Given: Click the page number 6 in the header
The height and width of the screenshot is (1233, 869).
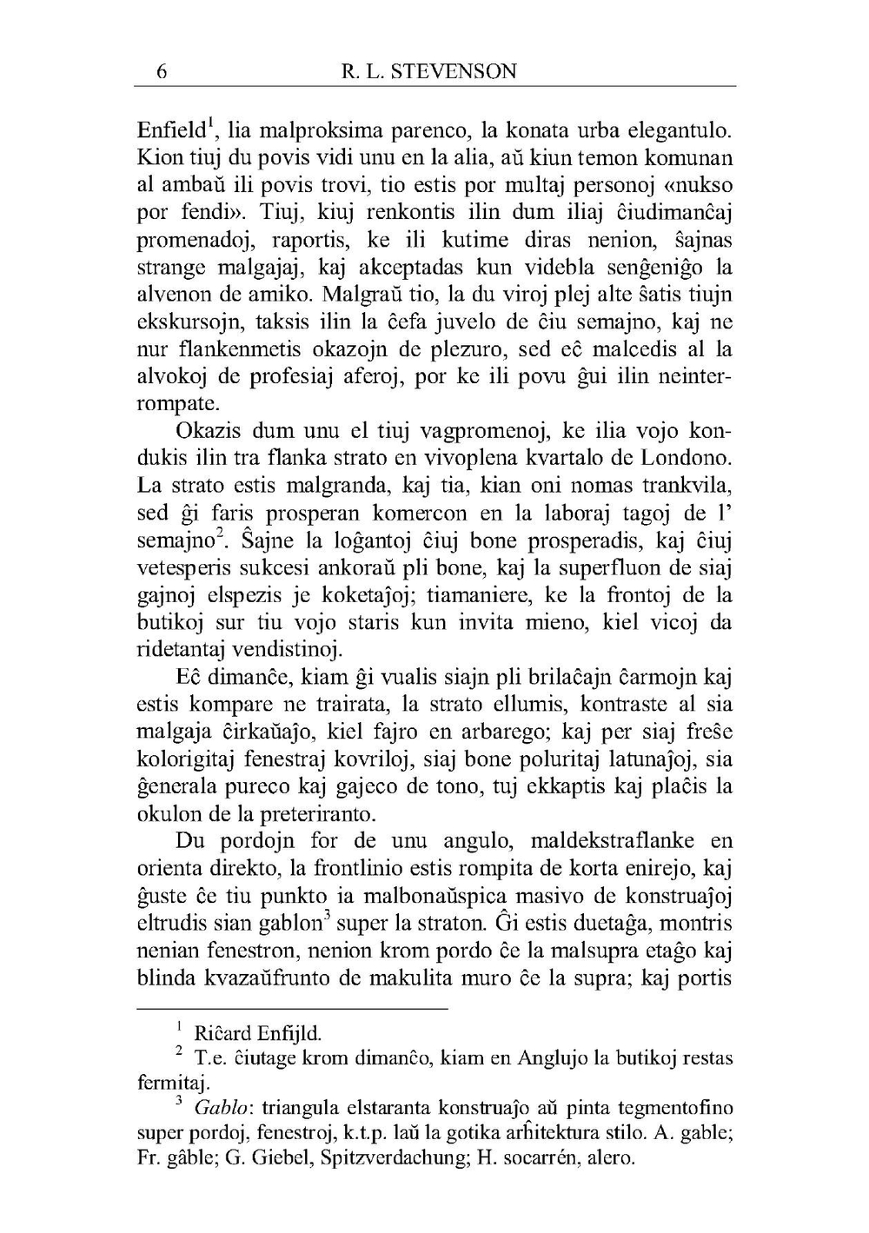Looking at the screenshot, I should pyautogui.click(x=162, y=71).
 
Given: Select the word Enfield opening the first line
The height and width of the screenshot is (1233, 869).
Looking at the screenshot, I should pyautogui.click(x=171, y=131).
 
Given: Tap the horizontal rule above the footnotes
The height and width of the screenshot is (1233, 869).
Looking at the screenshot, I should pyautogui.click(x=292, y=1009).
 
